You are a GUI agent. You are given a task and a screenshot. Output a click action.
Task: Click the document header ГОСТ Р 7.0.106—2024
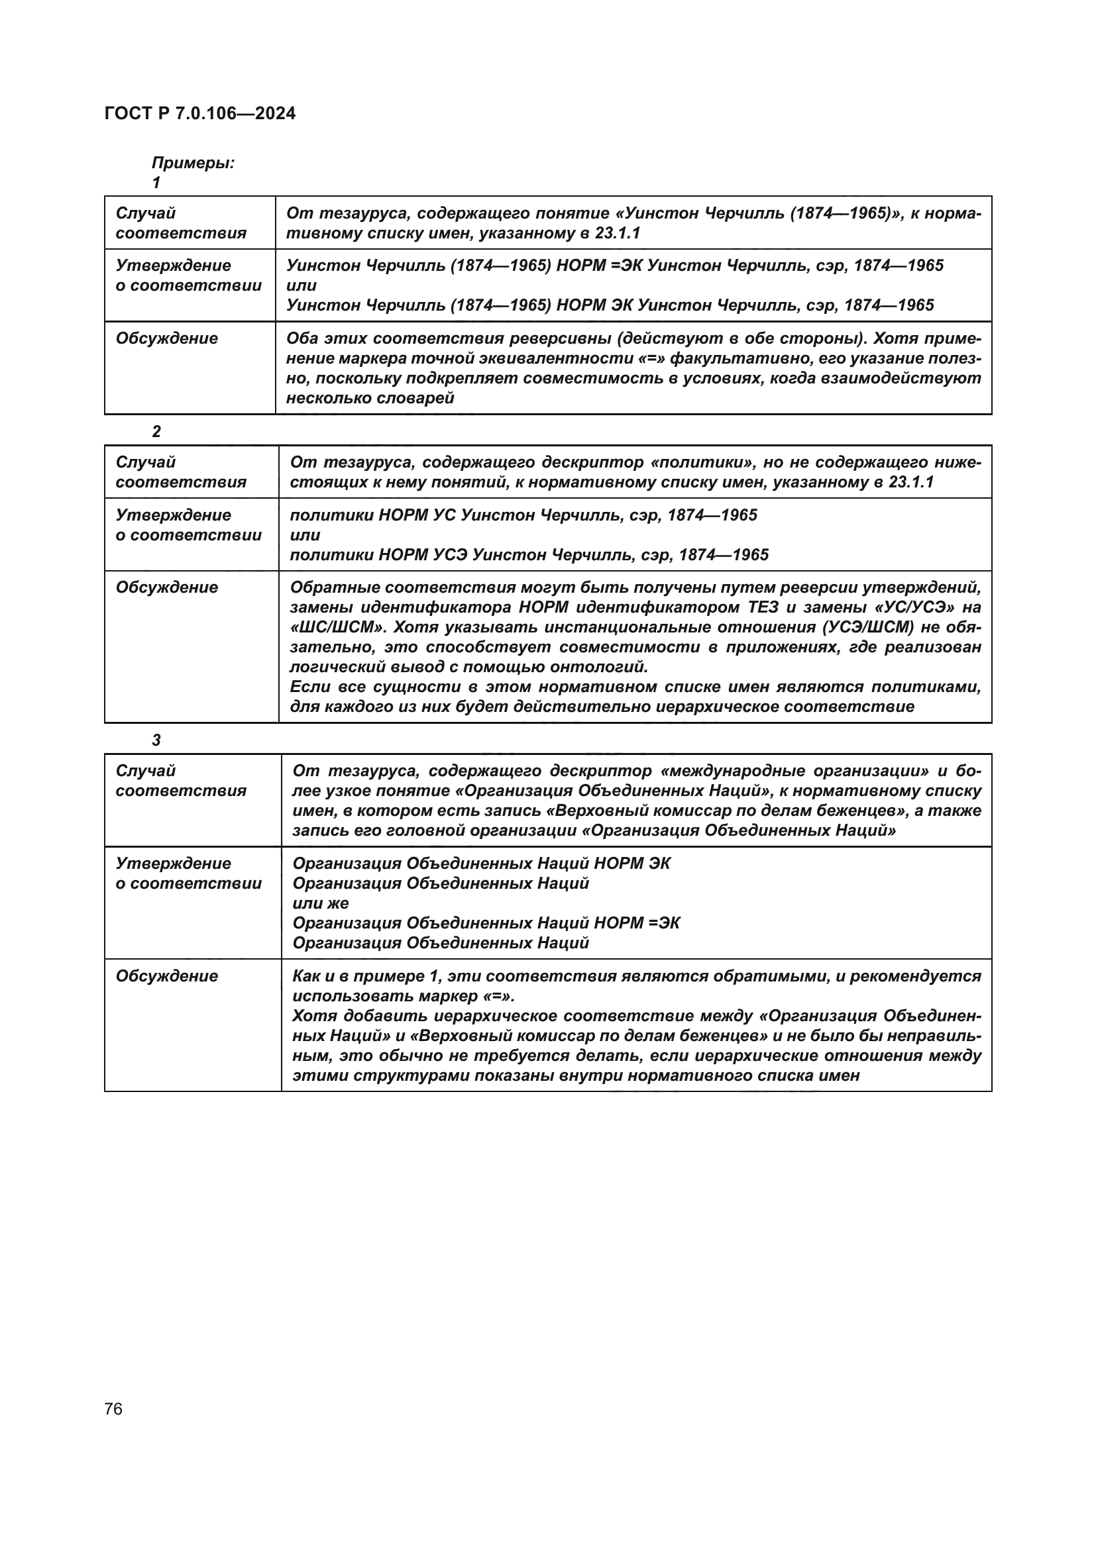click(x=199, y=113)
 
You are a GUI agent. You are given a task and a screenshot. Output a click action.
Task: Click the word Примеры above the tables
click(x=193, y=163)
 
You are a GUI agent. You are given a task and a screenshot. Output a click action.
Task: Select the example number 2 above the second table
click(x=156, y=432)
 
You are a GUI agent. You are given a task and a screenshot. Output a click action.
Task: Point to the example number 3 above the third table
click(x=156, y=740)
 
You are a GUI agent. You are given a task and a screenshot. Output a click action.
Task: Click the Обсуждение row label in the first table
click(x=167, y=338)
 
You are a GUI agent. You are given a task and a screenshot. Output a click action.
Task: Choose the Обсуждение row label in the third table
click(x=167, y=976)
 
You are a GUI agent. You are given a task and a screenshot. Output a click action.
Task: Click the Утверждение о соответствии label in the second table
click(x=188, y=525)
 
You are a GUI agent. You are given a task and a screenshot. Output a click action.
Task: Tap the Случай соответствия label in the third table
click(x=181, y=781)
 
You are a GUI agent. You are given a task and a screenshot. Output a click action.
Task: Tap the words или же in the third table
click(x=321, y=903)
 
